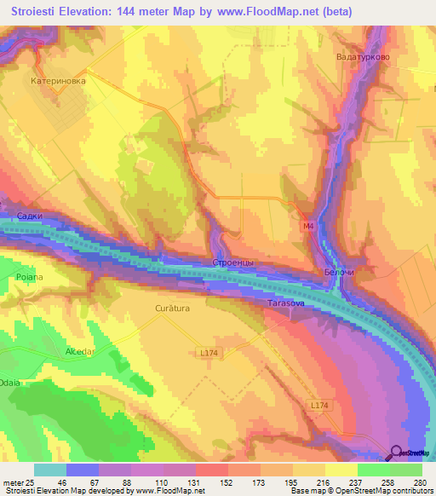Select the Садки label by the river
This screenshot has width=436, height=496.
(x=30, y=216)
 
